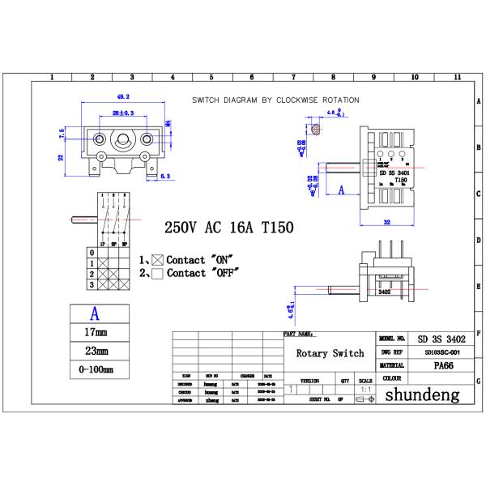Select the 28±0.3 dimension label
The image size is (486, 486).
point(122,113)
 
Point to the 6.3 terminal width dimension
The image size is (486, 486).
point(164,176)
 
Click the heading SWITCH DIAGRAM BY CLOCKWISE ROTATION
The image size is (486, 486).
point(276,100)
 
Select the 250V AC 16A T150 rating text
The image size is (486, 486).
point(229,228)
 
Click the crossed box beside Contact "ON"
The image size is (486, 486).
point(158,260)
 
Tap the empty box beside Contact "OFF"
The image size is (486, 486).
point(158,274)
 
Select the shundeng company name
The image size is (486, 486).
point(421,395)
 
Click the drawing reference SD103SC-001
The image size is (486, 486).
point(441,352)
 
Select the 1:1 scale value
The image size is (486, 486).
point(366,389)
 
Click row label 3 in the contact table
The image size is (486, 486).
point(92,284)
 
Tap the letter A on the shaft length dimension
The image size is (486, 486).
point(341,190)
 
